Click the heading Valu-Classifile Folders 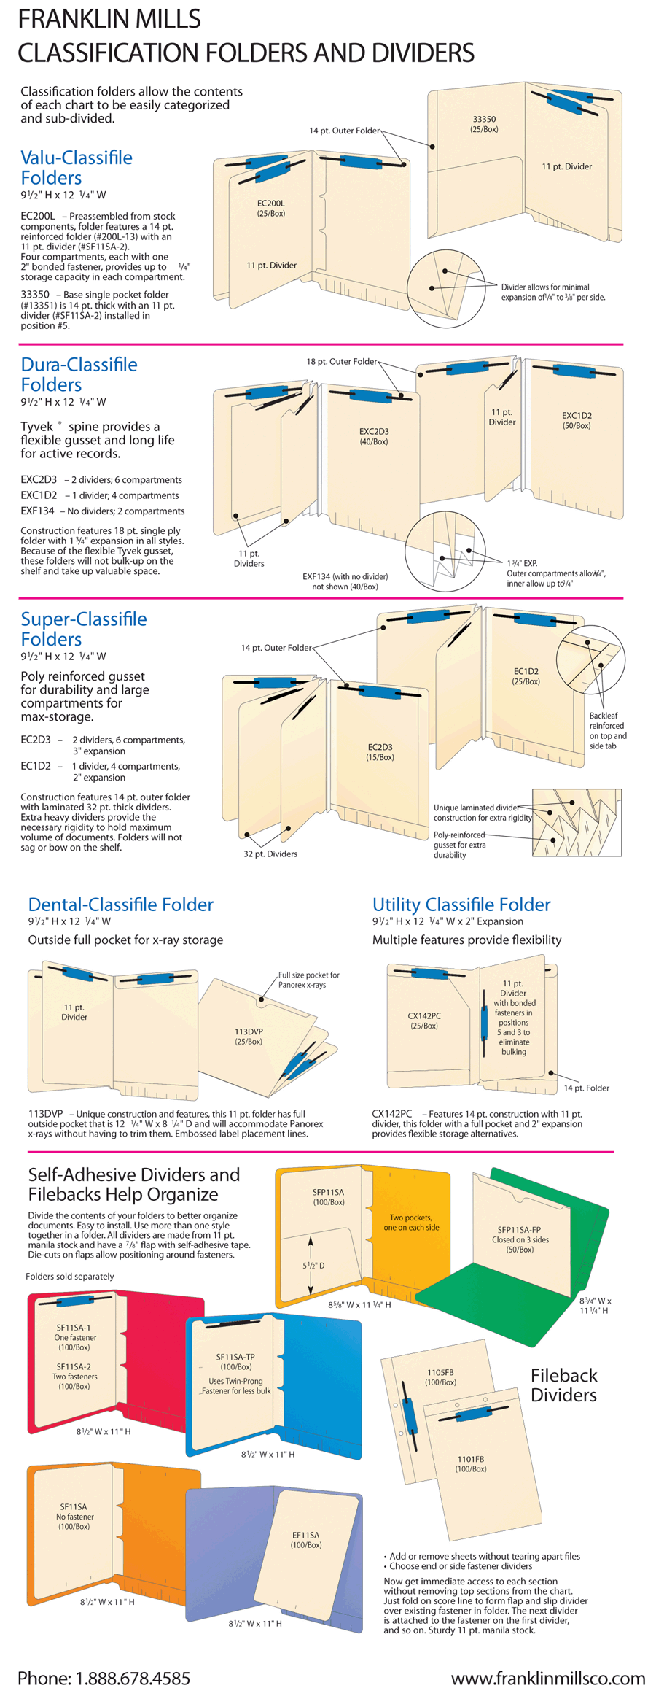(x=76, y=167)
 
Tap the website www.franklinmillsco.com (x=547, y=1678)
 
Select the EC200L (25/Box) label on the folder (x=270, y=209)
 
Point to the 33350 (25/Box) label (x=484, y=124)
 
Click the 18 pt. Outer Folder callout (x=341, y=361)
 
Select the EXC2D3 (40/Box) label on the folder (x=373, y=436)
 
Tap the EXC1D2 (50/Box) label (x=576, y=420)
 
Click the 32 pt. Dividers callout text (x=270, y=853)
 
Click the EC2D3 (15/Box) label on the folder (x=380, y=752)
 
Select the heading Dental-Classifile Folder (x=120, y=905)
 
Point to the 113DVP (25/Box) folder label (x=249, y=1037)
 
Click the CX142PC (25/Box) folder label (x=423, y=1021)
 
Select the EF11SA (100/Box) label (x=305, y=1539)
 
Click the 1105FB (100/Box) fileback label (x=440, y=1377)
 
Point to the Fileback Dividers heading (x=563, y=1385)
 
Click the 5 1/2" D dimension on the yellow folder (x=313, y=1266)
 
